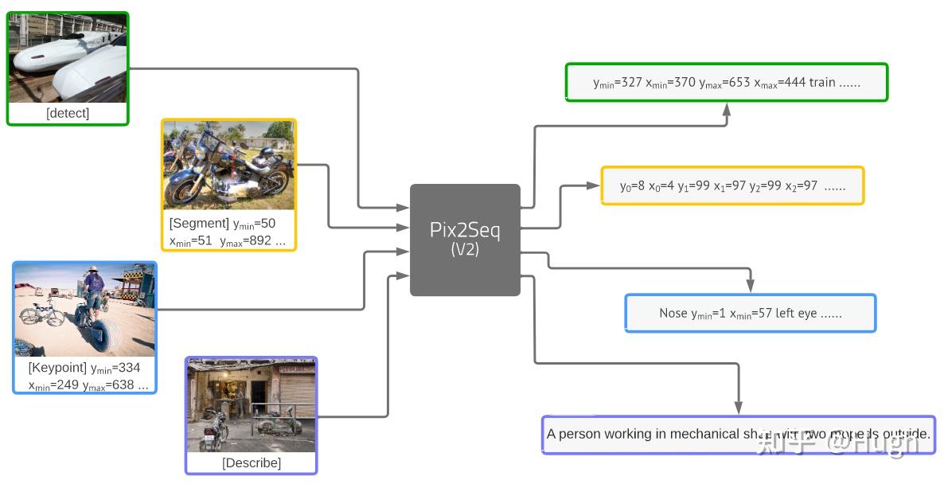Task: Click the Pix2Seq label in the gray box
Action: (x=465, y=230)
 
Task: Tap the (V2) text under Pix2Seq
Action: (x=465, y=249)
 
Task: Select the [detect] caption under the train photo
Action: (x=68, y=113)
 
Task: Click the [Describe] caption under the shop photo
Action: (x=251, y=463)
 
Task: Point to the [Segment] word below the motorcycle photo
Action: (x=199, y=224)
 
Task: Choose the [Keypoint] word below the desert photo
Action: (x=57, y=368)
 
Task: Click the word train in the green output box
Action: (x=822, y=83)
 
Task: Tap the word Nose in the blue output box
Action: (x=673, y=314)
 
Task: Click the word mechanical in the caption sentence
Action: (x=704, y=434)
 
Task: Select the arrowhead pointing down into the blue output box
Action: (x=751, y=287)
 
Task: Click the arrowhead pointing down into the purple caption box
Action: (x=739, y=408)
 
